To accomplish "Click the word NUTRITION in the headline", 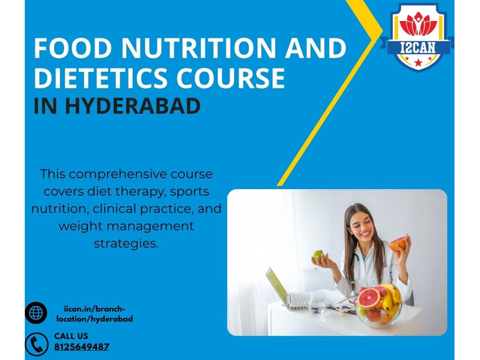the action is [199, 48].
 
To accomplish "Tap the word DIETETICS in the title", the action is [100, 78].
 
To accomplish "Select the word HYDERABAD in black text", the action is [133, 106].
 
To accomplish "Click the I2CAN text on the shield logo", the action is [418, 47].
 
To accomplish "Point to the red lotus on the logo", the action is [418, 24].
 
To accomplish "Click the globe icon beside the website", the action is [36, 313].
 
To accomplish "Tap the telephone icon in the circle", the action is [37, 344].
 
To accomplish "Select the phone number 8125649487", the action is [82, 346].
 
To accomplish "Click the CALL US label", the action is [71, 336].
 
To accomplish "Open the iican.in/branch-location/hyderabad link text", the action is [94, 313].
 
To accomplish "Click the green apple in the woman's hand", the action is [317, 255].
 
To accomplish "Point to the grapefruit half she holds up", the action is [397, 244].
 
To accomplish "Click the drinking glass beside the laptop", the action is [316, 303].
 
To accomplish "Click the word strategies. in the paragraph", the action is [126, 244].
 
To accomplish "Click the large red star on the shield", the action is [418, 63].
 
